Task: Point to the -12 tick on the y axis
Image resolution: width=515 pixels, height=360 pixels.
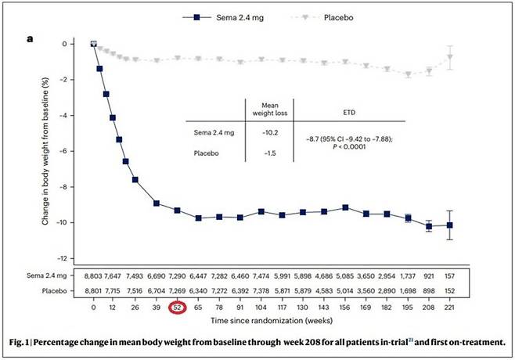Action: point(75,259)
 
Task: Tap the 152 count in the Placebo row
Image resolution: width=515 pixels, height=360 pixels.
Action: point(450,290)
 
